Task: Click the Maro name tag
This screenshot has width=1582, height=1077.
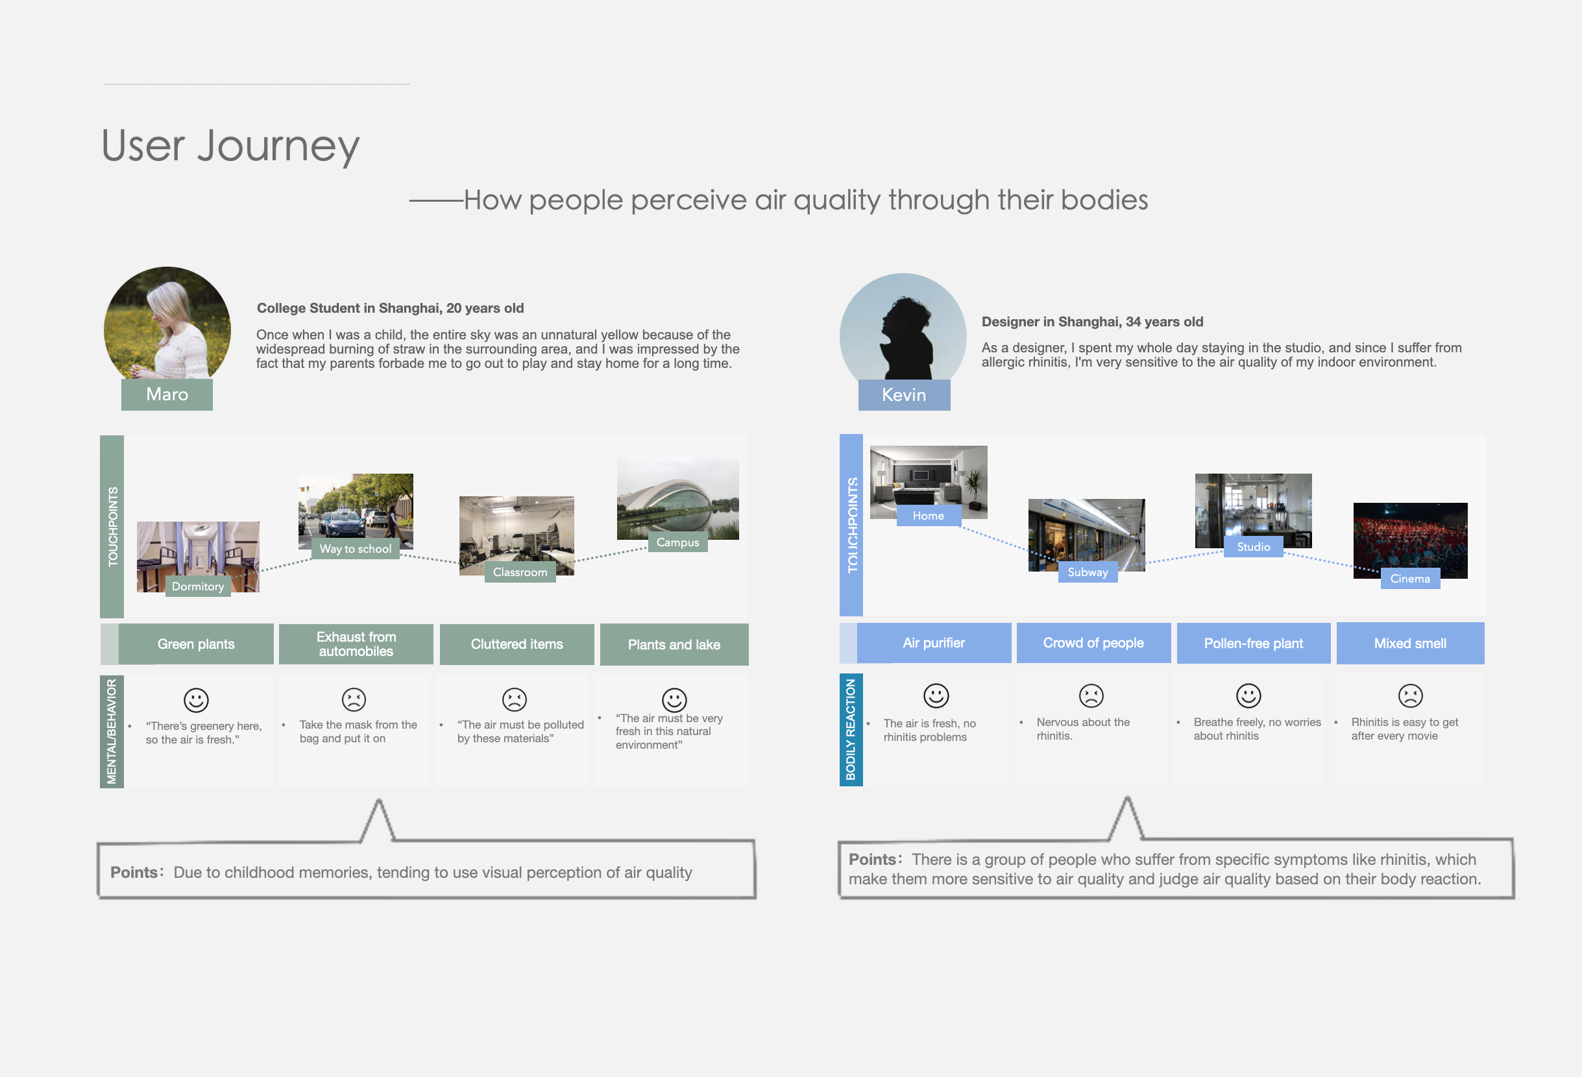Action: coord(167,394)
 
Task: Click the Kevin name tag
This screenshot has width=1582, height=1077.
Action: coord(903,395)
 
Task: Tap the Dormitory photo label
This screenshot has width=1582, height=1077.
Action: coord(198,586)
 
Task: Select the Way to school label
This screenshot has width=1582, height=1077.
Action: coord(356,549)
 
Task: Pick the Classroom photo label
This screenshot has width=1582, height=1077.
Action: coord(519,572)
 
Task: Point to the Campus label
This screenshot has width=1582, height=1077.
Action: coord(677,542)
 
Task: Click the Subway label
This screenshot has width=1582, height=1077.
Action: coord(1087,572)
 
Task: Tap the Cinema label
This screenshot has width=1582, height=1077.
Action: coord(1410,579)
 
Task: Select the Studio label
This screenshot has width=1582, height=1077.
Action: coord(1253,547)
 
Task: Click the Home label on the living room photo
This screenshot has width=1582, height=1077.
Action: coord(928,515)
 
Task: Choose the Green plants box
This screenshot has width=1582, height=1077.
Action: coord(196,644)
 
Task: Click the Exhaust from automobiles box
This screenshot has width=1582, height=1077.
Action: coord(356,644)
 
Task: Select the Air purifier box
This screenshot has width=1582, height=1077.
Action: coord(933,644)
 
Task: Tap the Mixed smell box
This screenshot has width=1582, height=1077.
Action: coord(1410,644)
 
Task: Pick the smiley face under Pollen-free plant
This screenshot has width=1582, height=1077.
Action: coord(1248,696)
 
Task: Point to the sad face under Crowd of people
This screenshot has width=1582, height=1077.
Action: coord(1091,696)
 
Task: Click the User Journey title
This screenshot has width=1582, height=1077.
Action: coord(230,146)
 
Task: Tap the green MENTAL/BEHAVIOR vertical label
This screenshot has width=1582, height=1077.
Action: coord(112,731)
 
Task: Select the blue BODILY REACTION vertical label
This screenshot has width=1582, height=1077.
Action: coord(851,730)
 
